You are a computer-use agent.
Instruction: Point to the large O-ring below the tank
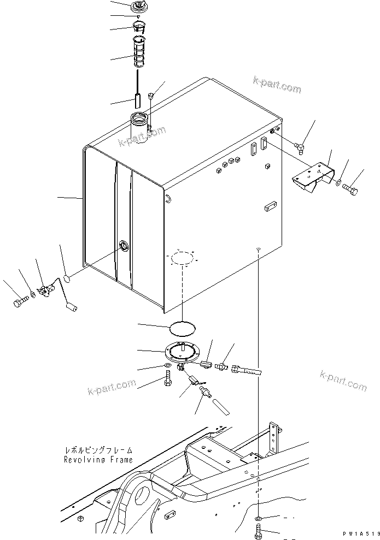tap(180, 328)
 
